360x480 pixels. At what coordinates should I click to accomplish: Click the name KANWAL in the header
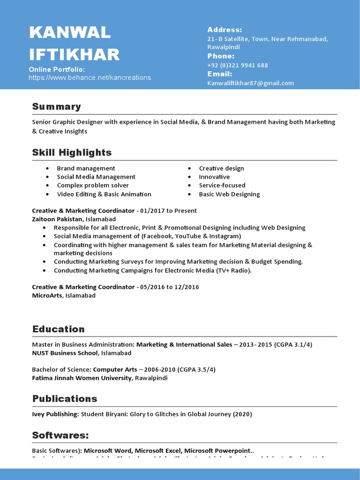coord(70,33)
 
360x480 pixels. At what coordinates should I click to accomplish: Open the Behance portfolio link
coord(90,78)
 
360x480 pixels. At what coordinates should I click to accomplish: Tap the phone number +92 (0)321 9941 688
coord(238,65)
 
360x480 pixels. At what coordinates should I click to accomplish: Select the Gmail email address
coord(250,83)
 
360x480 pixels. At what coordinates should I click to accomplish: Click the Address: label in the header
coord(225,30)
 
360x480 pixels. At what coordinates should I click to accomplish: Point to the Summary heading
coord(56,106)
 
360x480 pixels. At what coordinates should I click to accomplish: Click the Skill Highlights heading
coord(72,152)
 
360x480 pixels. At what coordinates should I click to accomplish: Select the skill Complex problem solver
coord(93,185)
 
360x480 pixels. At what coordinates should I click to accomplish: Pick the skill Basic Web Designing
coord(229,194)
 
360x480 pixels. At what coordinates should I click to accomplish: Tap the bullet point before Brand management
coord(48,168)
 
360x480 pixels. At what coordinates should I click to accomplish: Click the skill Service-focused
coord(222,185)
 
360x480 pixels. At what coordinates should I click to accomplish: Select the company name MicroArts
coord(47,296)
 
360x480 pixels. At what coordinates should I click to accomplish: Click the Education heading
coord(59,329)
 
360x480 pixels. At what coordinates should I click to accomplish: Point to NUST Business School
coord(65,353)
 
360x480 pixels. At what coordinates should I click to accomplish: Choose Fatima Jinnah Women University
coord(82,378)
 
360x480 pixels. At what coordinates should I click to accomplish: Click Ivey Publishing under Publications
coord(55,414)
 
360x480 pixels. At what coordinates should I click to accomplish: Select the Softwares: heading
coord(60,435)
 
